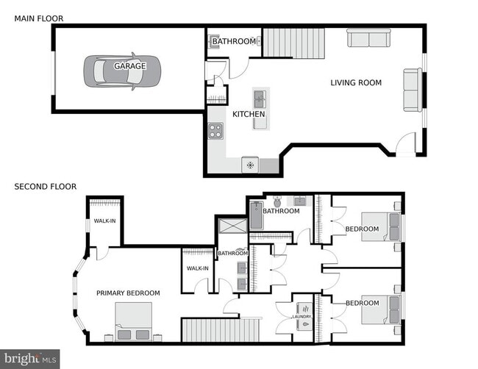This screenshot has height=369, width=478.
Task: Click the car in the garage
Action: (x=122, y=71)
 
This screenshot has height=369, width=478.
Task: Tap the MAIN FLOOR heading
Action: (x=39, y=18)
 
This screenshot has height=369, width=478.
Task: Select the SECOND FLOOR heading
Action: (x=46, y=187)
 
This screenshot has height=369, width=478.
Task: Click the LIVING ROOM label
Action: (x=356, y=82)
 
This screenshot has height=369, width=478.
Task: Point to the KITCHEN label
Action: (x=249, y=114)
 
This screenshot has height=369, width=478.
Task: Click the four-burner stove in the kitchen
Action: (x=215, y=131)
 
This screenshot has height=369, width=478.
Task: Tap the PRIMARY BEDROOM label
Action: (x=128, y=293)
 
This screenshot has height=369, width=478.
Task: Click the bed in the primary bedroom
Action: (x=134, y=321)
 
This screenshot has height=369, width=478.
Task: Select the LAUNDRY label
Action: (x=302, y=317)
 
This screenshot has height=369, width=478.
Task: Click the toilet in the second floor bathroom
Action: (x=277, y=201)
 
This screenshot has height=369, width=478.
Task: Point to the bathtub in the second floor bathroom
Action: (x=257, y=215)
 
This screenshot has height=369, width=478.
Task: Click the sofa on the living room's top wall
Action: (x=369, y=38)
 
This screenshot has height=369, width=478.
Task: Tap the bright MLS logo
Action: (x=30, y=359)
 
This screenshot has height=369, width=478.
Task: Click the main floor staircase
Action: (x=293, y=43)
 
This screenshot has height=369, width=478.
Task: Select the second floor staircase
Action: (x=221, y=330)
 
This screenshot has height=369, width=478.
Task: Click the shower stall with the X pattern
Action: (x=233, y=226)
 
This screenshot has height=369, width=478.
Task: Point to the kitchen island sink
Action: (x=260, y=99)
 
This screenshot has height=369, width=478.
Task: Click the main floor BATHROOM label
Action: (x=234, y=41)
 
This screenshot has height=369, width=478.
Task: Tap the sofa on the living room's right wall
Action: (x=413, y=90)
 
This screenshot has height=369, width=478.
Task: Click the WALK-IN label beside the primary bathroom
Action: (x=198, y=268)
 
